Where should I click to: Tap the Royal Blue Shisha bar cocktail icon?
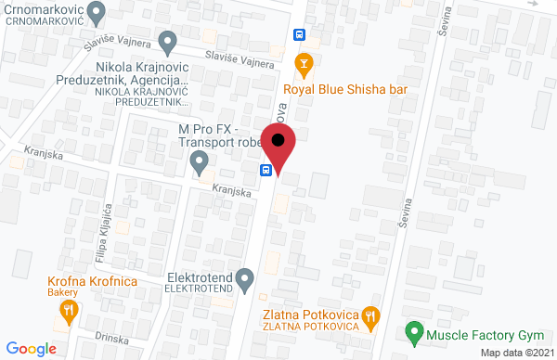[x=302, y=63]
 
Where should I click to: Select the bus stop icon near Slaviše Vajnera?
[x=299, y=34]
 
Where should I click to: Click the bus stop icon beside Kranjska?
[x=266, y=170]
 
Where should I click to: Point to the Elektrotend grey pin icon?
[x=245, y=276]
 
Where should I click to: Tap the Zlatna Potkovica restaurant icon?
[x=370, y=315]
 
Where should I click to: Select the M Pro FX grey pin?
[x=199, y=163]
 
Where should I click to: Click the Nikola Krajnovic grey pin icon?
[x=168, y=41]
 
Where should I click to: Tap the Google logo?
[x=34, y=349]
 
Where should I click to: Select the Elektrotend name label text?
[x=196, y=276]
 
